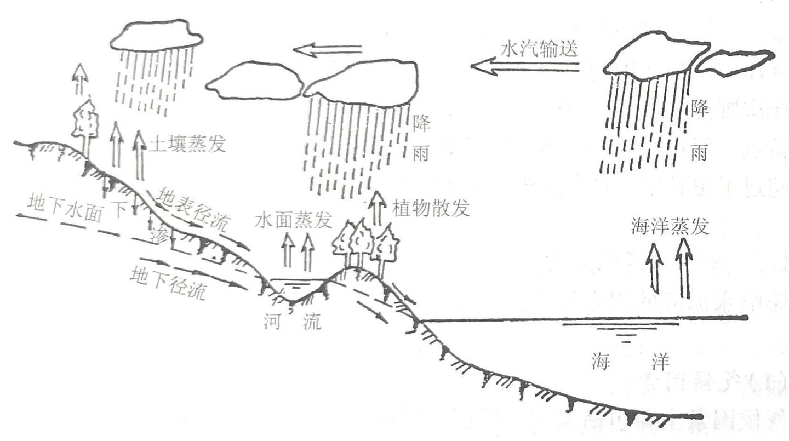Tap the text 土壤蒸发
pyautogui.click(x=187, y=144)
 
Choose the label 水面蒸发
pyautogui.click(x=294, y=220)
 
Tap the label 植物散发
pyautogui.click(x=431, y=208)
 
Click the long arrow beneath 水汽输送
pyautogui.click(x=525, y=67)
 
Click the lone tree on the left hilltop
pyautogui.click(x=85, y=123)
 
